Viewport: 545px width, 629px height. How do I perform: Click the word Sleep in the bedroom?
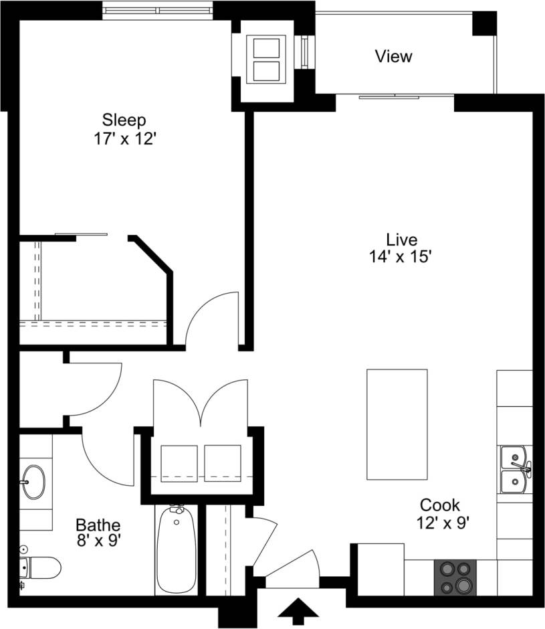point(124,120)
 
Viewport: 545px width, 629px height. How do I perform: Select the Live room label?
point(401,240)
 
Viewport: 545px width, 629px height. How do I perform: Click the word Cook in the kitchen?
point(439,505)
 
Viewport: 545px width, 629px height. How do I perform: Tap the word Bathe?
point(98,524)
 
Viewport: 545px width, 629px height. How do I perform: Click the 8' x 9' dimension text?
point(98,541)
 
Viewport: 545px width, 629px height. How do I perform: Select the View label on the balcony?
point(393,57)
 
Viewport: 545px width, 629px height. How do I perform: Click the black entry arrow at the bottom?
point(298,612)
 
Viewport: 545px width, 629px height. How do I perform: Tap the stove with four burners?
point(455,577)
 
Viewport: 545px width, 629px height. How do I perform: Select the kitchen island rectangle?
point(397,424)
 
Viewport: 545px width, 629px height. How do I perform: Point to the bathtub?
point(177,550)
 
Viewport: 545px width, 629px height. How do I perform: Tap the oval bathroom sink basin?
point(33,480)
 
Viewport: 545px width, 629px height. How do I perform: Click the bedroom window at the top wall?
point(158,10)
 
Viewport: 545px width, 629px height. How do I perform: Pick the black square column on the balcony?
point(485,23)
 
